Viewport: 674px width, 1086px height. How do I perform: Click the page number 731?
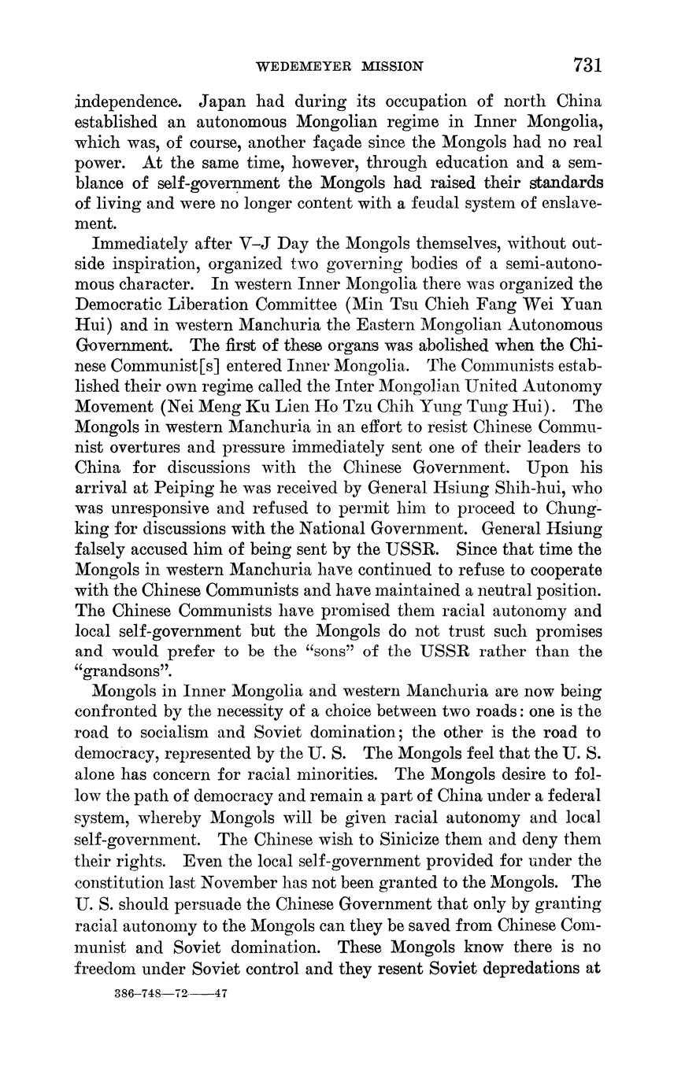(587, 65)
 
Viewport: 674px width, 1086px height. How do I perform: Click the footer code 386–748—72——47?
(171, 994)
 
